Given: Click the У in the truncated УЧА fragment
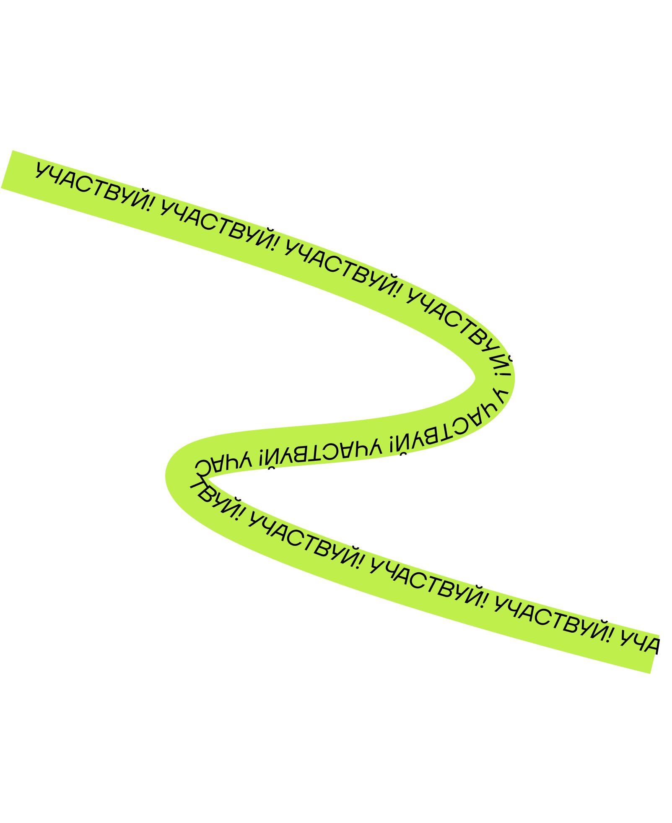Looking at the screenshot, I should (x=626, y=637).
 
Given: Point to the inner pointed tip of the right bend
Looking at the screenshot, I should (x=475, y=378).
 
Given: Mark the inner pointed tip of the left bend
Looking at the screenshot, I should (x=208, y=478).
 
